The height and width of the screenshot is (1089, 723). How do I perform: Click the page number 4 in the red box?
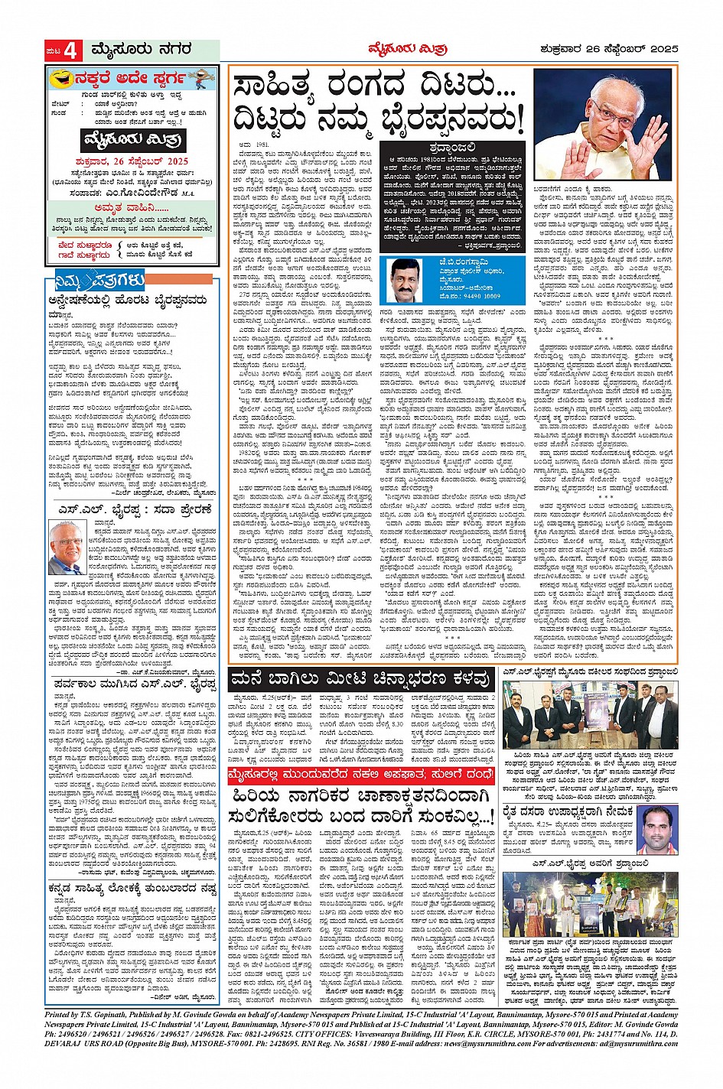pyautogui.click(x=70, y=51)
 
